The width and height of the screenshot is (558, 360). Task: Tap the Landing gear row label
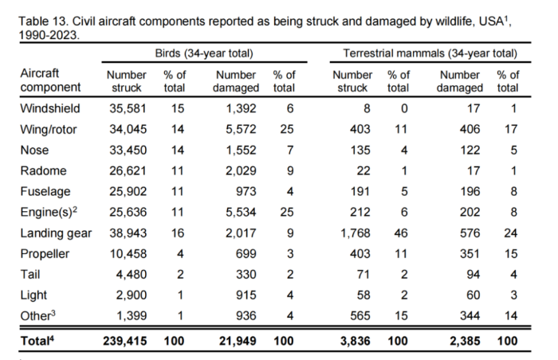pyautogui.click(x=55, y=233)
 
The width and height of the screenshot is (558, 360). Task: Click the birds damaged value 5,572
pyautogui.click(x=237, y=128)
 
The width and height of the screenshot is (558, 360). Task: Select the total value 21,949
pyautogui.click(x=234, y=342)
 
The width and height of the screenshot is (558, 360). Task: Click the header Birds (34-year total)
pyautogui.click(x=204, y=53)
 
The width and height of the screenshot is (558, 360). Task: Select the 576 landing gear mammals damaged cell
pyautogui.click(x=470, y=233)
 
